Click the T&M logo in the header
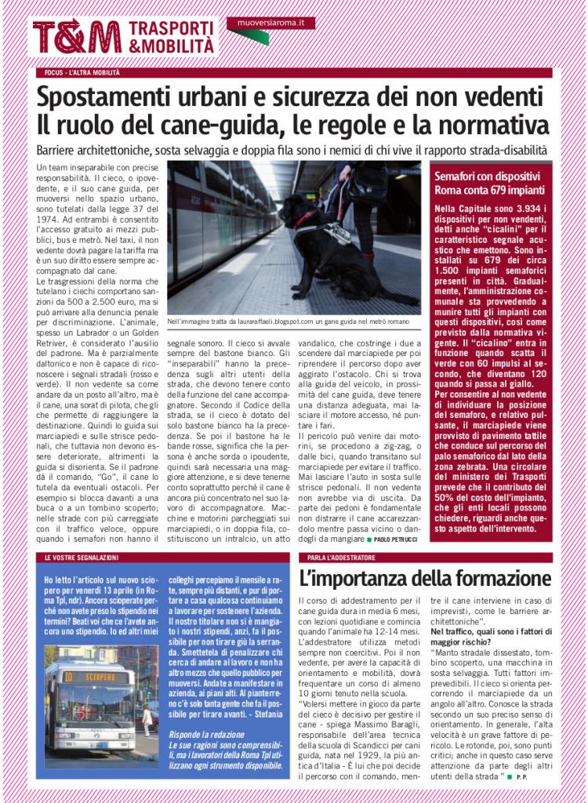(77, 37)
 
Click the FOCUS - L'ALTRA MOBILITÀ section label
(83, 73)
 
